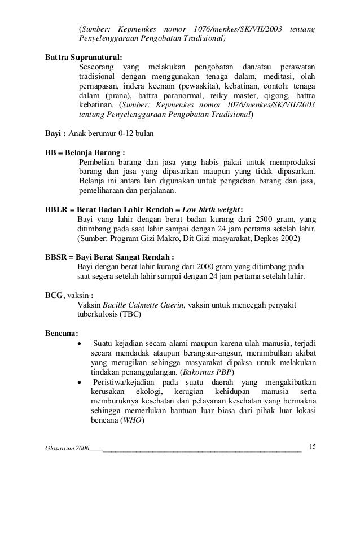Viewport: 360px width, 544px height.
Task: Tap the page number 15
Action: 313,448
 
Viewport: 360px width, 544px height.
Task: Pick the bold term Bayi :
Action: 56,134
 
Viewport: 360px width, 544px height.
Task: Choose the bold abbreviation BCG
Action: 54,295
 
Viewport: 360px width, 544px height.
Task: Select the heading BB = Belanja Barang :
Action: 85,152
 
